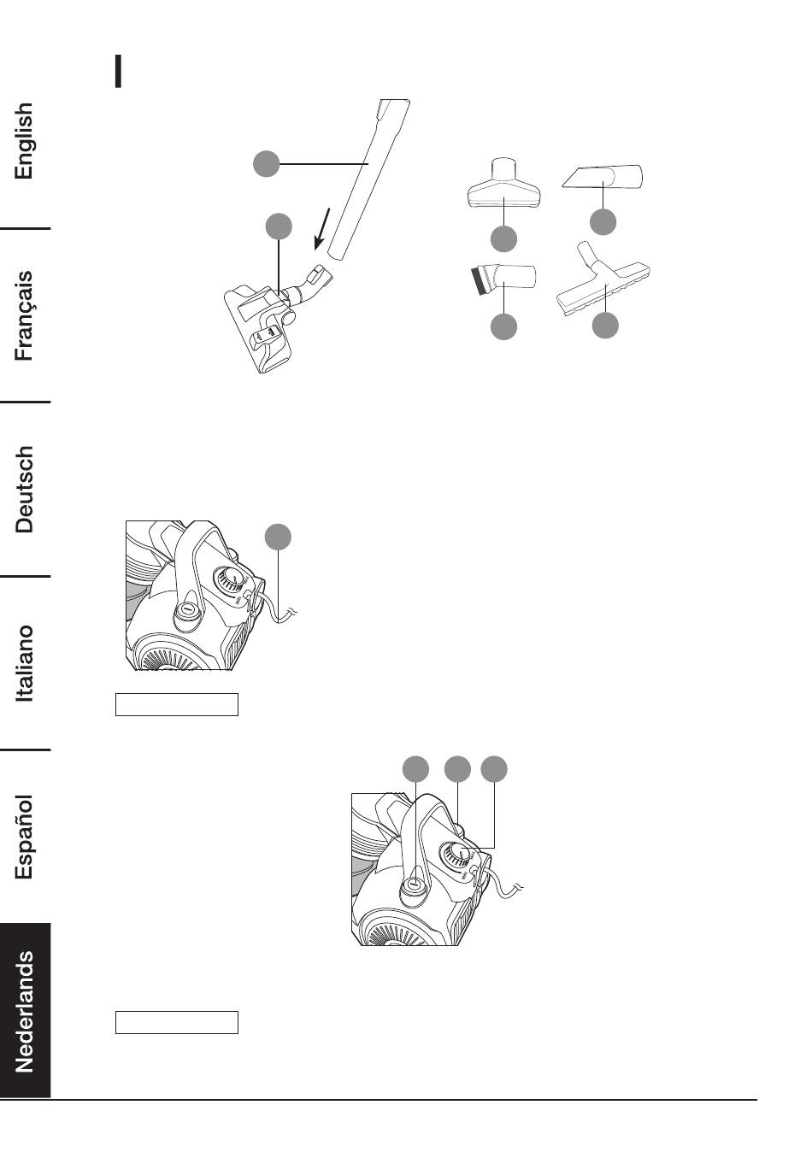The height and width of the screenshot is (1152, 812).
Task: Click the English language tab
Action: point(25,141)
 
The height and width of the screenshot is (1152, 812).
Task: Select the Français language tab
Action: point(25,315)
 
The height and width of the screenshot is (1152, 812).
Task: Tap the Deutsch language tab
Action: point(25,489)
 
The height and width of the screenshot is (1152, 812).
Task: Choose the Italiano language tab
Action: point(25,663)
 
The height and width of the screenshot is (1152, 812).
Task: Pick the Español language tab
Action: point(25,837)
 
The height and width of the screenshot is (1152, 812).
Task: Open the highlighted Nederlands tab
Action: point(25,1011)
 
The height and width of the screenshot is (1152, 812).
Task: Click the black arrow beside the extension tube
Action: point(321,228)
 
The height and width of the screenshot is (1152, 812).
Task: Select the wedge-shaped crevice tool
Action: point(603,177)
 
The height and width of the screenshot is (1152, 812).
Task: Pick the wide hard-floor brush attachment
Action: point(605,289)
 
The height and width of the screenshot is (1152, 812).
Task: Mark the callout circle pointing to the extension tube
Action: point(267,163)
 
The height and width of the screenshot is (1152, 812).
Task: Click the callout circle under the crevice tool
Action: point(603,222)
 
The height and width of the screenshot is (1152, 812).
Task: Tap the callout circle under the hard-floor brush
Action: point(605,326)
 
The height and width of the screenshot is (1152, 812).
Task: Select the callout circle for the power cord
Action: point(278,537)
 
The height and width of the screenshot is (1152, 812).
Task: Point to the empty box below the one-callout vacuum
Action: point(177,704)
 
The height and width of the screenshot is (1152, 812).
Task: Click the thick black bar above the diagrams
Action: point(119,72)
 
